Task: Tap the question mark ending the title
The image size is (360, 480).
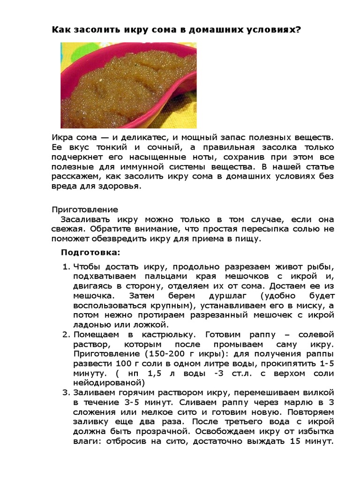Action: click(299, 30)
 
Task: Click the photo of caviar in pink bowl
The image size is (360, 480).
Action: click(128, 85)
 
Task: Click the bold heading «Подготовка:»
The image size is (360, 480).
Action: click(90, 253)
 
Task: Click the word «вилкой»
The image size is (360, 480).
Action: click(322, 393)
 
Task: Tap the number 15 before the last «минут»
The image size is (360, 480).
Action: click(295, 442)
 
